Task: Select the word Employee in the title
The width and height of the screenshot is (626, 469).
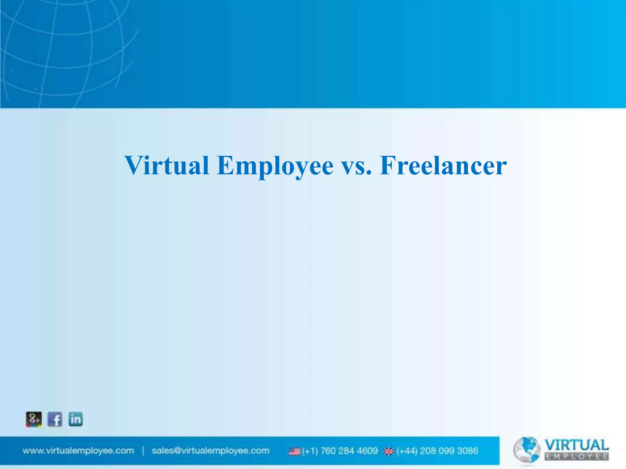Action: pyautogui.click(x=275, y=166)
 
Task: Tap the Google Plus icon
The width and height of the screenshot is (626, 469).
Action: pyautogui.click(x=34, y=419)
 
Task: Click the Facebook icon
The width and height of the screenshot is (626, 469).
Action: pyautogui.click(x=55, y=419)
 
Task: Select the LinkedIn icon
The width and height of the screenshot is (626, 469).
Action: pyautogui.click(x=75, y=419)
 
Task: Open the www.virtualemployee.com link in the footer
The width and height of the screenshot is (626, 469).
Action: pyautogui.click(x=78, y=451)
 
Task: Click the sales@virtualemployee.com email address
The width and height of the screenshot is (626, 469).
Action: pyautogui.click(x=211, y=451)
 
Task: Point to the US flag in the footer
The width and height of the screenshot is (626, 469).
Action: pyautogui.click(x=295, y=451)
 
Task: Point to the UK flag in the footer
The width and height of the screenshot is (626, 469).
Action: pyautogui.click(x=389, y=451)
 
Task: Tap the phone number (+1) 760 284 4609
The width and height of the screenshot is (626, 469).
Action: pyautogui.click(x=340, y=451)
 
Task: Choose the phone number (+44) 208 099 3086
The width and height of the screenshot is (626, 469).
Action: pyautogui.click(x=437, y=451)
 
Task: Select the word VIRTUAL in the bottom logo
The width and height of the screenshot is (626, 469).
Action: pyautogui.click(x=576, y=445)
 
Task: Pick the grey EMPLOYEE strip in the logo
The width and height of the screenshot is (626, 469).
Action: pyautogui.click(x=576, y=457)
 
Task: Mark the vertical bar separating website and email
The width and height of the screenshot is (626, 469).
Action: pyautogui.click(x=143, y=451)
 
